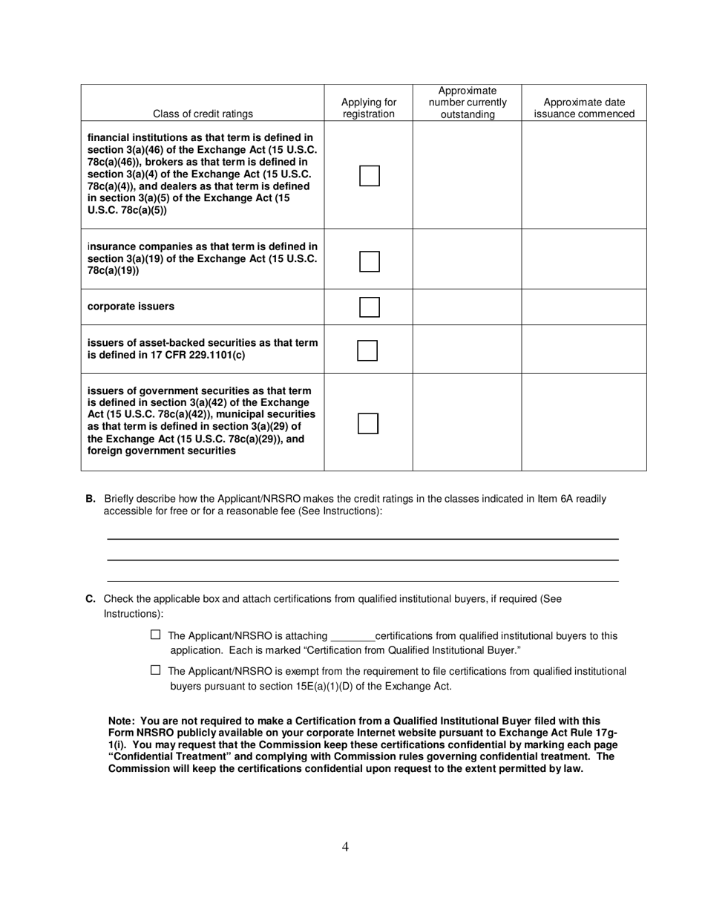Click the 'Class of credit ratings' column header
tap(203, 114)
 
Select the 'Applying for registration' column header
tap(369, 108)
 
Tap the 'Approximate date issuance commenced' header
tap(584, 108)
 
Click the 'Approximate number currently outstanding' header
tap(467, 102)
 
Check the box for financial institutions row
tap(369, 176)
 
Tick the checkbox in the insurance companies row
tap(369, 261)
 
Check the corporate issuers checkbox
tap(369, 307)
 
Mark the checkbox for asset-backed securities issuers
tap(367, 350)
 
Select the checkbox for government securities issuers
tap(368, 424)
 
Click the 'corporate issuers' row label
tap(131, 307)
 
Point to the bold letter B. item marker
tap(91, 499)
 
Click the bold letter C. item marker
tap(91, 599)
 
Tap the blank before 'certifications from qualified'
tap(352, 637)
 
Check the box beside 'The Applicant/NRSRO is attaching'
tap(156, 635)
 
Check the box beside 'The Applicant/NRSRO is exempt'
tap(156, 670)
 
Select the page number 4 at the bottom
tap(346, 846)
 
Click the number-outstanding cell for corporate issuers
tap(467, 307)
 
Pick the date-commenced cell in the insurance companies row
tap(584, 259)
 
